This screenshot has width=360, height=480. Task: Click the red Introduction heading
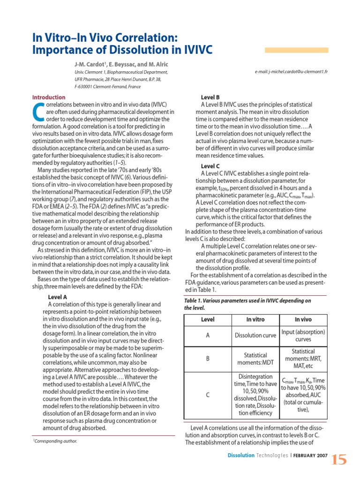pos(49,97)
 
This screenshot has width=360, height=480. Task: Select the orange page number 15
pos(339,460)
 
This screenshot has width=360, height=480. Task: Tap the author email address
pos(291,72)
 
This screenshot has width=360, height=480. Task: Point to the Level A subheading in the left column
pos(58,297)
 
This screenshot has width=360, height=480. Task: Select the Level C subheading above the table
pos(210,166)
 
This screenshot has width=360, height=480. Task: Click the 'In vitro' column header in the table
pos(255,319)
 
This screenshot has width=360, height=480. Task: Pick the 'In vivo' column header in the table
pos(303,319)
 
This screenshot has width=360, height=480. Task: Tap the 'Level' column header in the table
pos(208,319)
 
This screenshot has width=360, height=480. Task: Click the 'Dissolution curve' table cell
pos(255,336)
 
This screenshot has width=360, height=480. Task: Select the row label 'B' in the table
pos(208,359)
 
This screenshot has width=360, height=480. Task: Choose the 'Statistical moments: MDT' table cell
pos(255,359)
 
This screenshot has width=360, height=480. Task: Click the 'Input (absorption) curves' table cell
pos(303,336)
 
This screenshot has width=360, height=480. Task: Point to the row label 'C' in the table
pos(208,395)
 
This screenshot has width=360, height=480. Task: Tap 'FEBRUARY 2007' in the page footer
pos(311,456)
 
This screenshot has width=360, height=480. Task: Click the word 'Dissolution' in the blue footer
pos(241,456)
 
